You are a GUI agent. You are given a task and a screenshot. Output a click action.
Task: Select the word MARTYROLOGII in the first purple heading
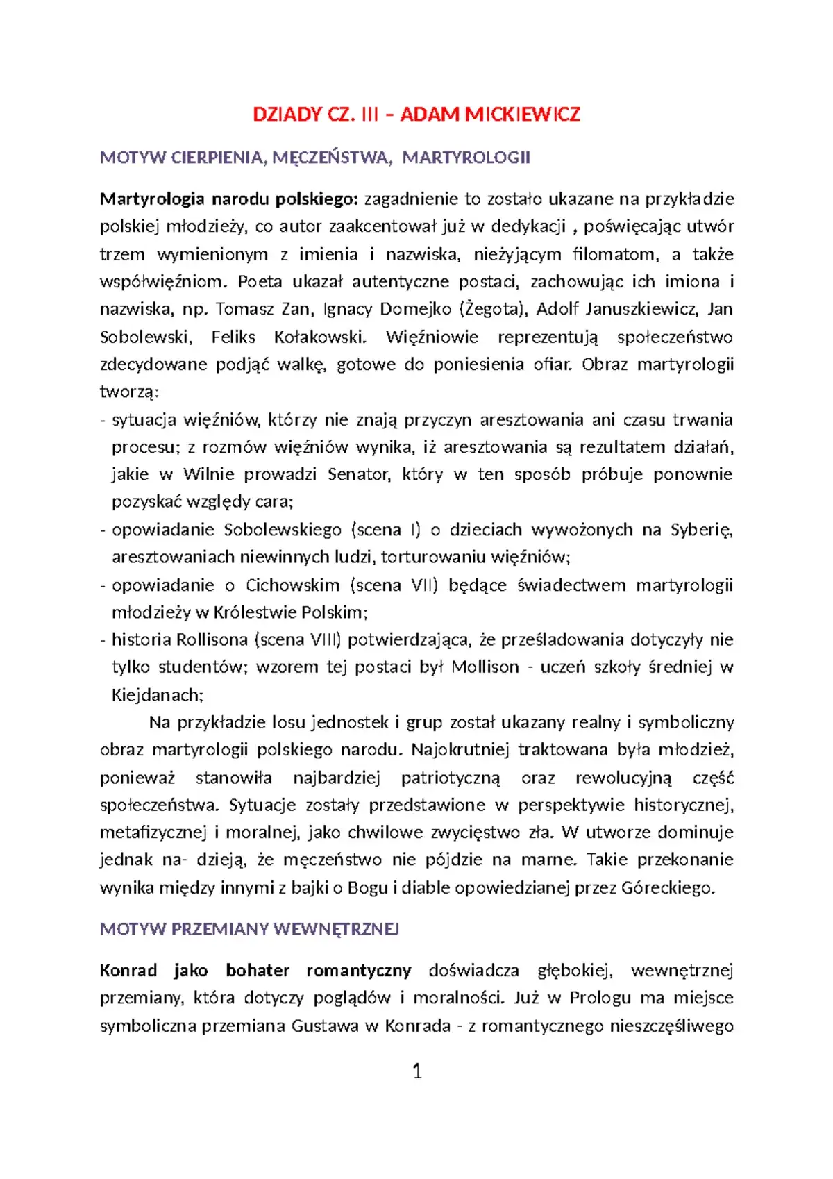point(466,158)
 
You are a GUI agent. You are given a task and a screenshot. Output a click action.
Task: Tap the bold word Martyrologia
point(152,199)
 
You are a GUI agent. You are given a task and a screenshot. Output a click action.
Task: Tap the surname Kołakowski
point(319,337)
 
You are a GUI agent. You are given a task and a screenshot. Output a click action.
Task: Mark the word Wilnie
point(208,474)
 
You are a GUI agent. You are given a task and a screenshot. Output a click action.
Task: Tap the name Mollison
point(485,667)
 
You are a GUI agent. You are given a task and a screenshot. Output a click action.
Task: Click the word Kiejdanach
point(157,695)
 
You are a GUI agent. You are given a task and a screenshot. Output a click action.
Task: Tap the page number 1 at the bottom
point(417,1071)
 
